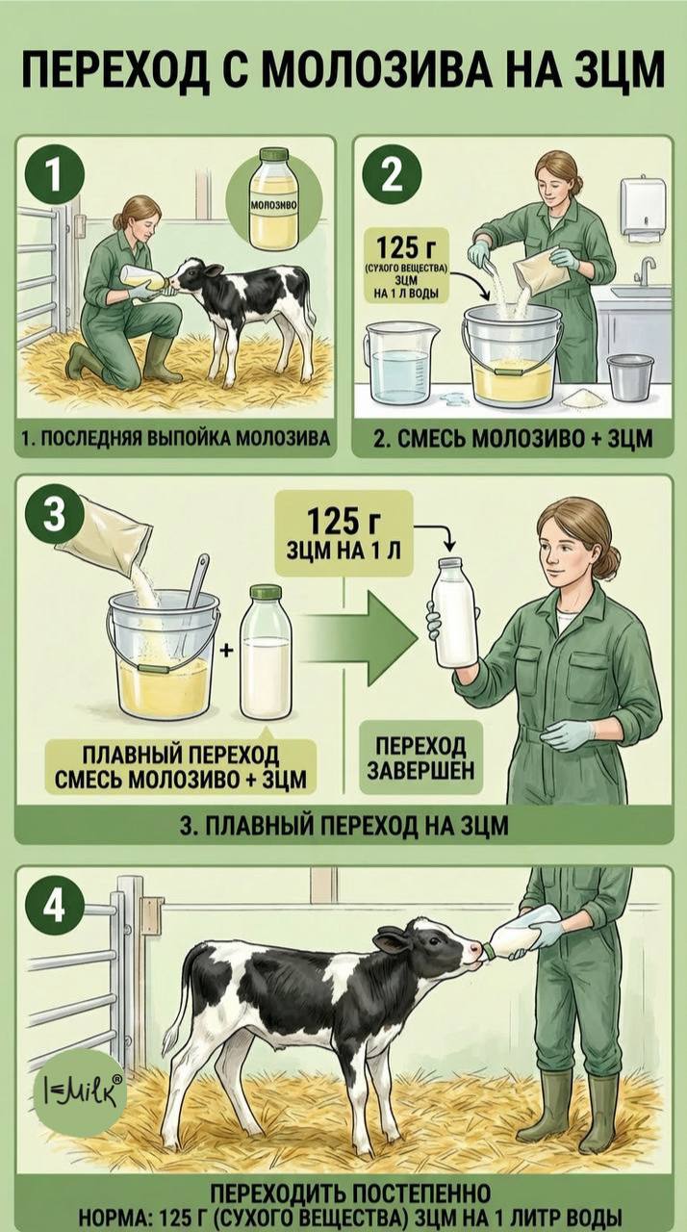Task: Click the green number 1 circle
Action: click(x=54, y=177)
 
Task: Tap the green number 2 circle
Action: click(x=392, y=177)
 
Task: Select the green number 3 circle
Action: click(x=53, y=516)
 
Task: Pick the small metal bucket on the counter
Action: click(x=630, y=378)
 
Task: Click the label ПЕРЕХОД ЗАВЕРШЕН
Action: click(x=421, y=757)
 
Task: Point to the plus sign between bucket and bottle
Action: click(x=227, y=651)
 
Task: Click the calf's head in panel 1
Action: click(x=196, y=276)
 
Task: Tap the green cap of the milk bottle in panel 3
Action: click(x=266, y=592)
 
